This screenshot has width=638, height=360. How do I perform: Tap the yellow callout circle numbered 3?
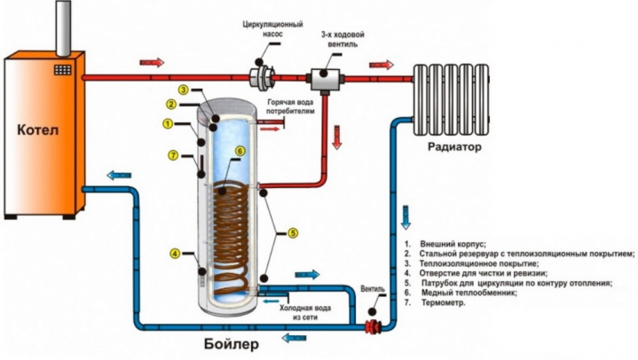182,90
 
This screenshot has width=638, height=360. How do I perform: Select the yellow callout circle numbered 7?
174,156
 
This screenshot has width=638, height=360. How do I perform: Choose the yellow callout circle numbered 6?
240,152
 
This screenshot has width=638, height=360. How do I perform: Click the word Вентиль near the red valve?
374,290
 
